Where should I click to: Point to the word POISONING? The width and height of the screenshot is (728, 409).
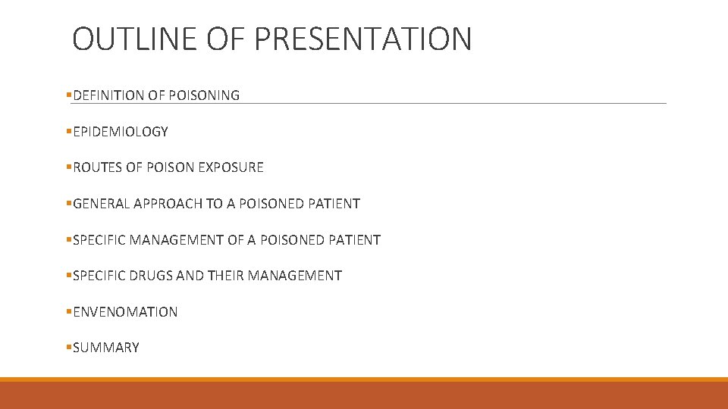coord(202,95)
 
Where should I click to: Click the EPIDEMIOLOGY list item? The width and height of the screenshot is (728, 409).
coord(120,132)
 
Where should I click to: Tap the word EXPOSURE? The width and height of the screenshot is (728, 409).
coord(231,167)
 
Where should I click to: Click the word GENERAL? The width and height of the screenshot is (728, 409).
coord(101,204)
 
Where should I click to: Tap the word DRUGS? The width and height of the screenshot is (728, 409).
coord(151,276)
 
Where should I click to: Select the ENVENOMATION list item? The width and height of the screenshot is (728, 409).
coord(125,312)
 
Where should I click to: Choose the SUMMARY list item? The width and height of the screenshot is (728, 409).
coord(106,348)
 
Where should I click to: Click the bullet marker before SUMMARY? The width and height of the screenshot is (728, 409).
coord(69,348)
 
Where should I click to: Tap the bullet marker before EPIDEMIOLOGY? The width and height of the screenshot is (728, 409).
coord(69,132)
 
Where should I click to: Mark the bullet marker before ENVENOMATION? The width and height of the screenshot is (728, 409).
coord(69,311)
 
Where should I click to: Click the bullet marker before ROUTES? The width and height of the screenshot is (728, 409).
coord(69,167)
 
